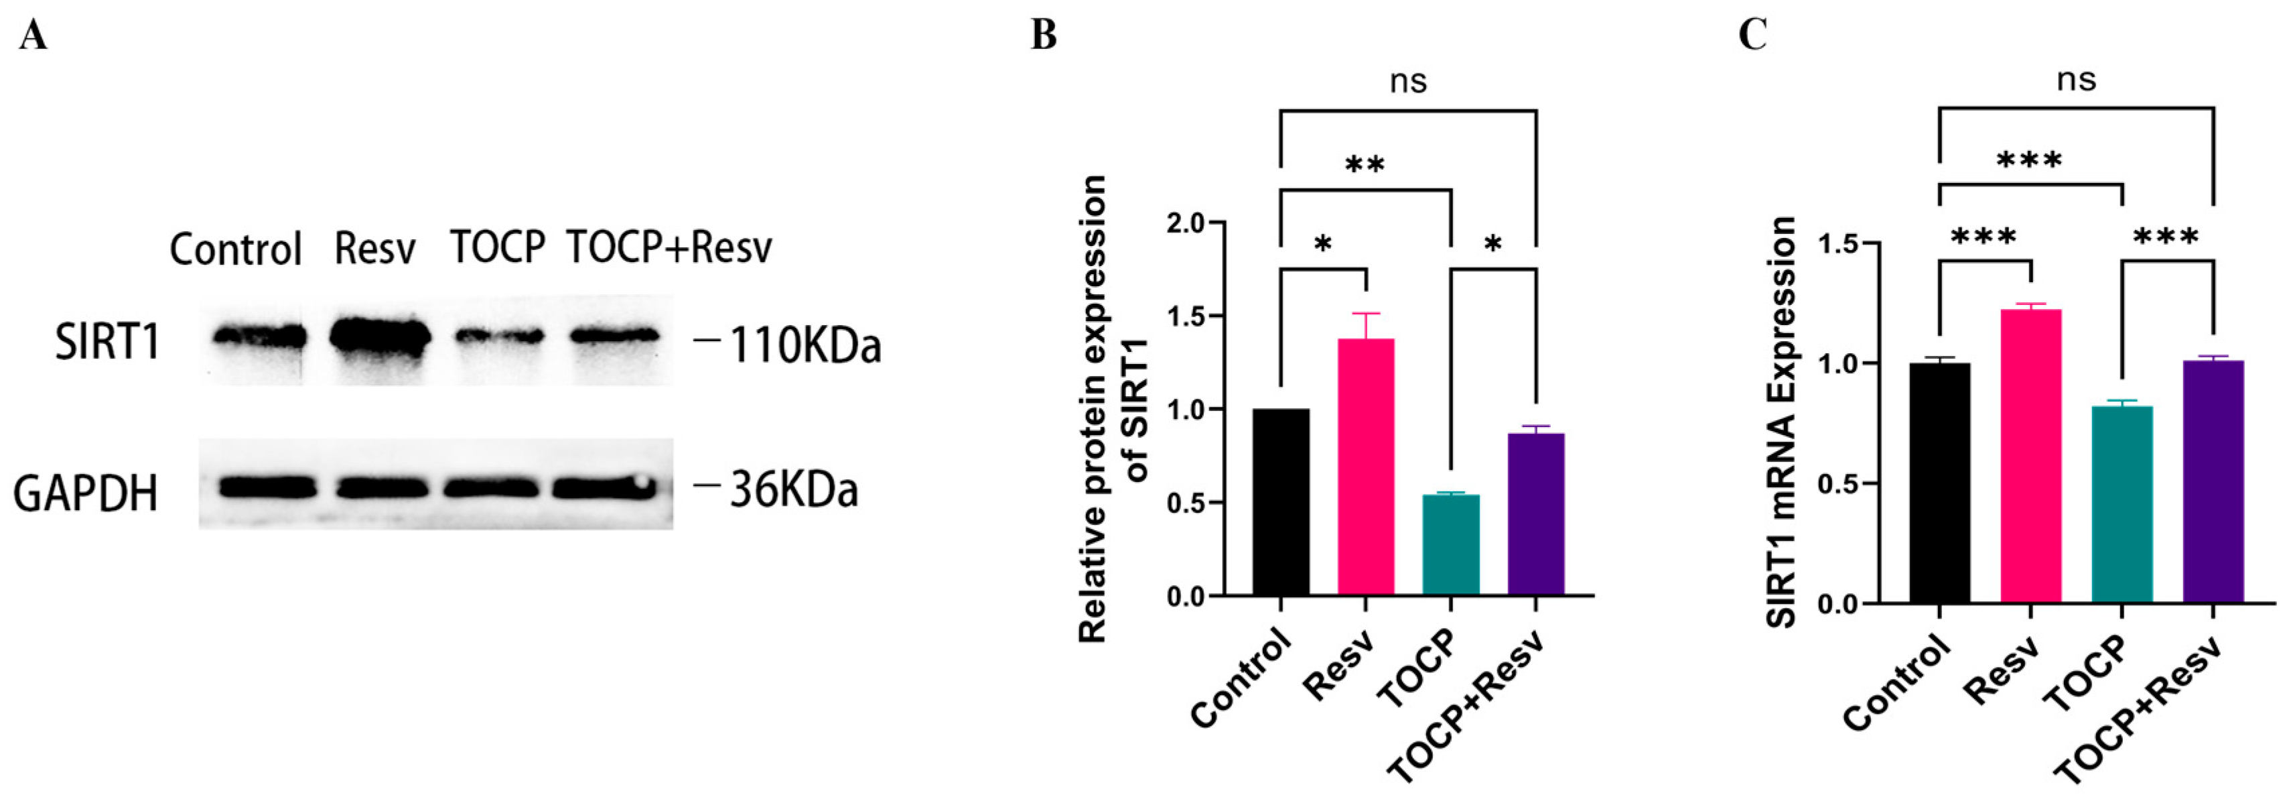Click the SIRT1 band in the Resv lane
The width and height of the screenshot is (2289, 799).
pos(380,338)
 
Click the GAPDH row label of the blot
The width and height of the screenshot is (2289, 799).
pos(85,493)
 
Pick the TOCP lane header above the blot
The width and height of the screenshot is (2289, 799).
pos(498,247)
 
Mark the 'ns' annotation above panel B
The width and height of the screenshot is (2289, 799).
pos(1408,82)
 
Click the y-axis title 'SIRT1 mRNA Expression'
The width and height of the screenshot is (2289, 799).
pos(1782,422)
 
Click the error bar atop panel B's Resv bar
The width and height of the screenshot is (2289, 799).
pos(1366,324)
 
